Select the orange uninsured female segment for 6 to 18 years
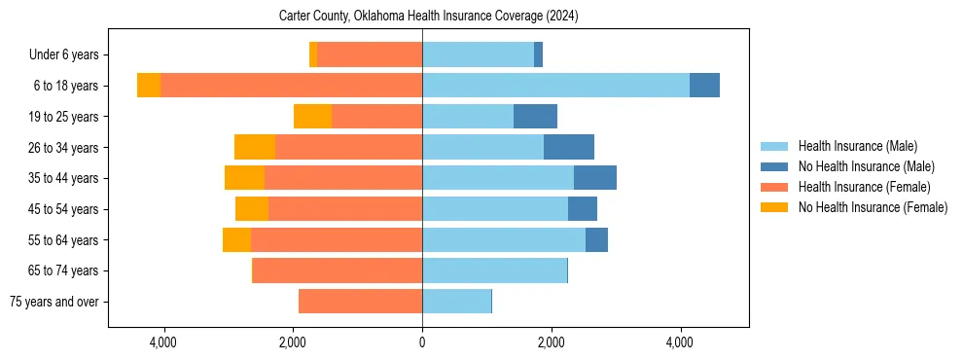click(149, 86)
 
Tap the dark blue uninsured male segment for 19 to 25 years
click(535, 117)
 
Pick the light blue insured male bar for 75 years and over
click(456, 302)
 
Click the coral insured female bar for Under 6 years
click(370, 54)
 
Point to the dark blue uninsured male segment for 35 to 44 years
click(595, 178)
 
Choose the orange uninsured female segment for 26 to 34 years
click(255, 147)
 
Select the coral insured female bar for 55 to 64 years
click(337, 239)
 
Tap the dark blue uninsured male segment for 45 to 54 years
click(583, 209)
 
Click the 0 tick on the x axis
click(422, 342)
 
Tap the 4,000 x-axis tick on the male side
click(680, 342)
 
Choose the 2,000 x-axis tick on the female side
click(293, 342)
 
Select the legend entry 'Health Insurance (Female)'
click(864, 187)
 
